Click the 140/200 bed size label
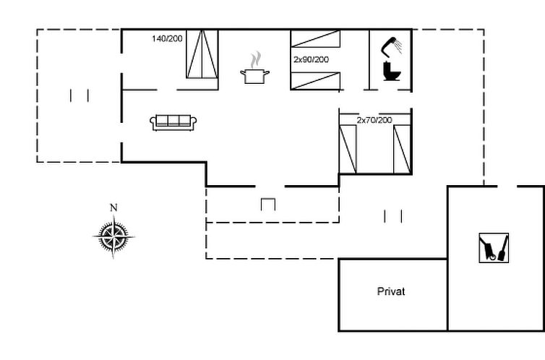pos(167,38)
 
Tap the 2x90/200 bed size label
pos(311,60)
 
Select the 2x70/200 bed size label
pos(374,120)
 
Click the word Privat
pos(391,291)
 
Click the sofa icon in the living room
pos(173,123)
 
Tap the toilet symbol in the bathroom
pos(392,71)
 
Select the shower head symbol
pos(391,46)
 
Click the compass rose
pos(113,236)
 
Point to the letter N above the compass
pos(113,207)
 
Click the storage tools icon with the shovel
pos(494,248)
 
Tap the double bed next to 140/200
pos(202,54)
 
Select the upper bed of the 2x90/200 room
pos(315,38)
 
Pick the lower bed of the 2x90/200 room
pos(315,81)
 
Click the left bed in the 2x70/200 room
pos(348,149)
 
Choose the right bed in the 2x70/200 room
pos(402,149)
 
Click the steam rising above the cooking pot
pos(255,60)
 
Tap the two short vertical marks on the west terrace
pos(80,95)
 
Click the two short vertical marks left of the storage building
pos(393,216)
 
